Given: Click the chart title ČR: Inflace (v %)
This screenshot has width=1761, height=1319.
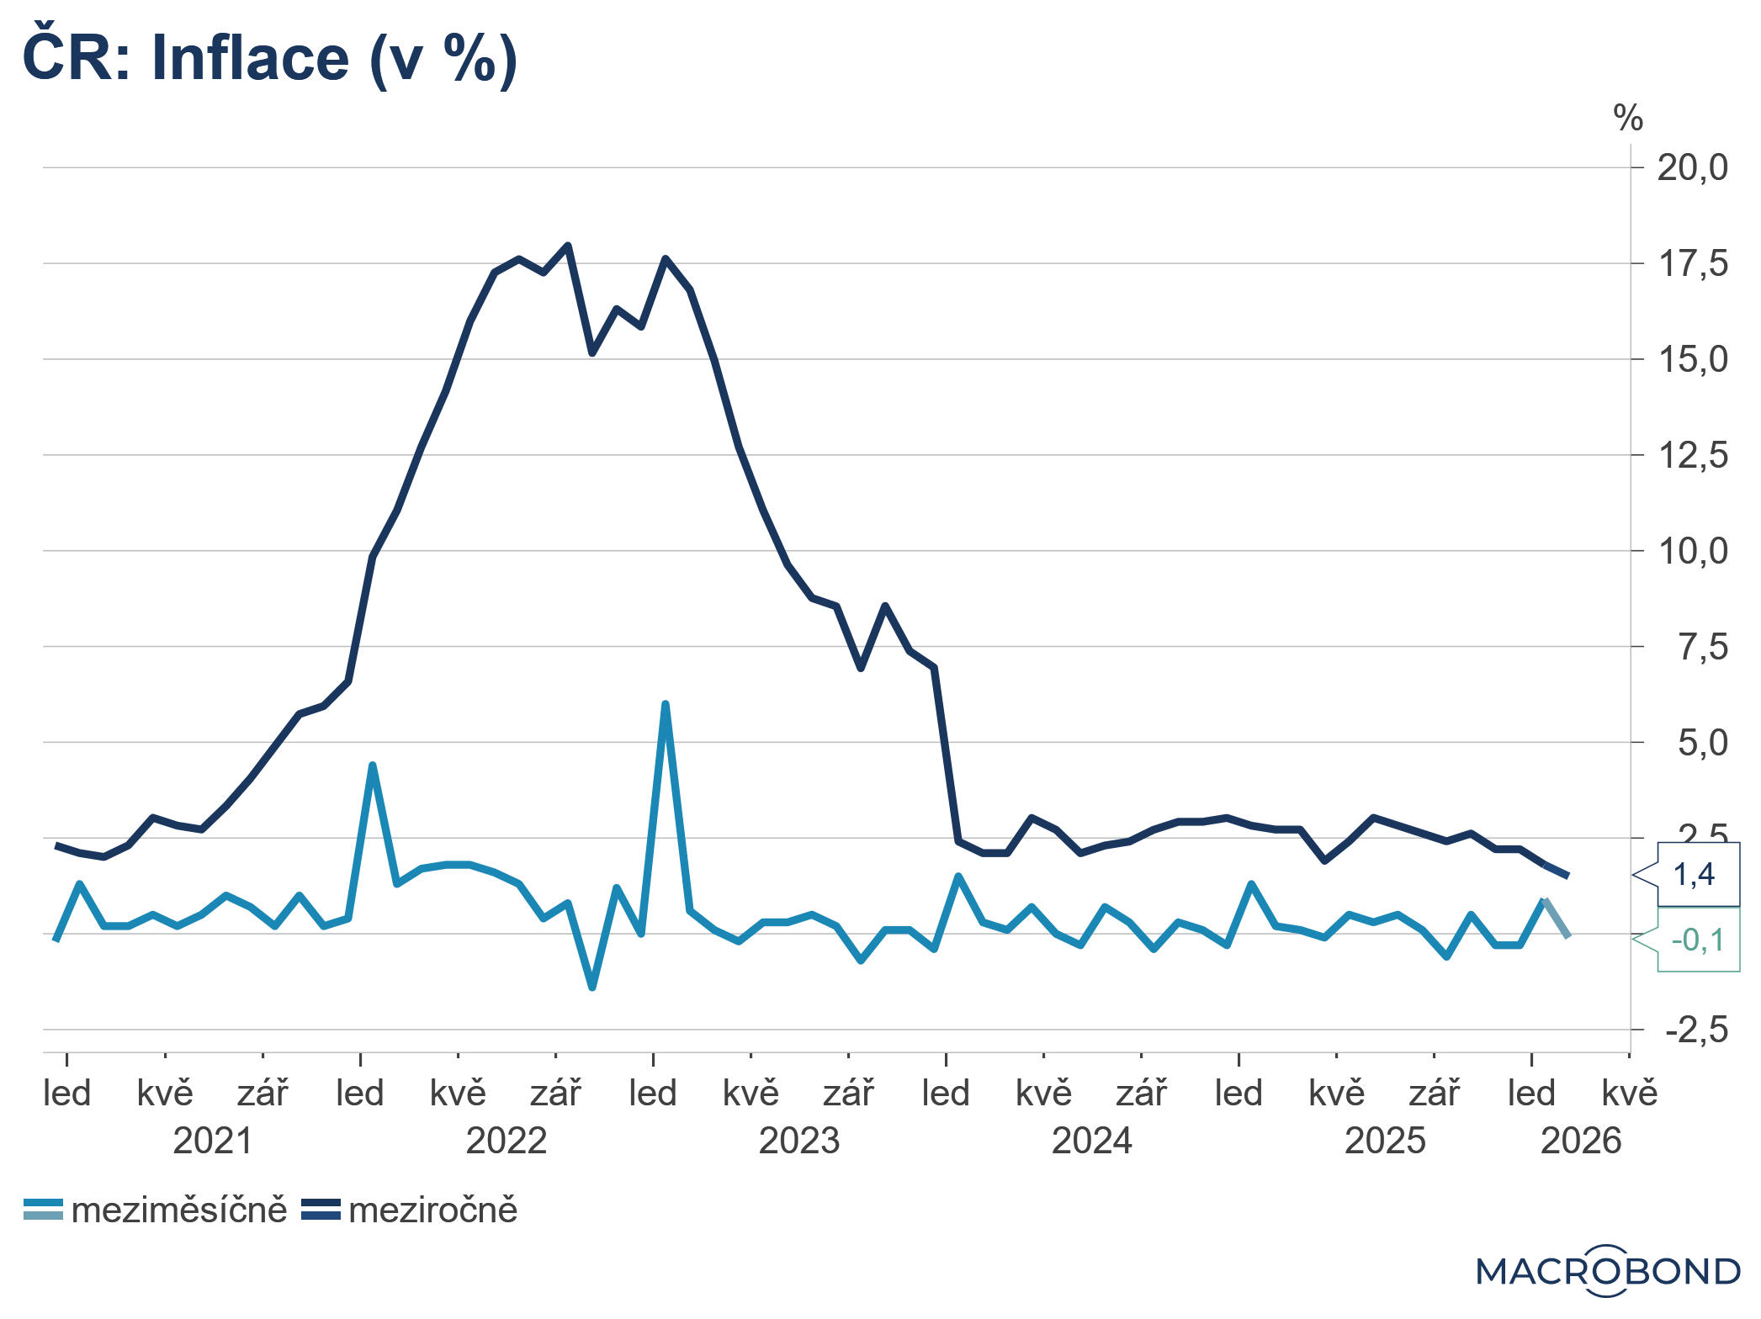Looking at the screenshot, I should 269,59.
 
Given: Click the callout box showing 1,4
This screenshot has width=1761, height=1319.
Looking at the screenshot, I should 1695,875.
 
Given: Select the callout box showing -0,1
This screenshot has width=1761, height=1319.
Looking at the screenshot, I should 1697,940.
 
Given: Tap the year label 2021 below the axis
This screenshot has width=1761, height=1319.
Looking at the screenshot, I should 213,1142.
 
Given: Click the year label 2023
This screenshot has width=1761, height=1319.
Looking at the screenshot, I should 799,1142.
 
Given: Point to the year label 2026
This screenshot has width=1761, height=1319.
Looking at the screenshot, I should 1580,1142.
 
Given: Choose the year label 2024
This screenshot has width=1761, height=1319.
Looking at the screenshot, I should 1092,1142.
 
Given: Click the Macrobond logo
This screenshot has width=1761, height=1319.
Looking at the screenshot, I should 1608,1271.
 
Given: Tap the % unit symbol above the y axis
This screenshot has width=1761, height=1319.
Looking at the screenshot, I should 1628,119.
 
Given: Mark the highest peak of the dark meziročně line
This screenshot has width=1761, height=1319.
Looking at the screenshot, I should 568,246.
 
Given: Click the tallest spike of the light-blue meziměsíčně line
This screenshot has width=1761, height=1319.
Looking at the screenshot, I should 666,704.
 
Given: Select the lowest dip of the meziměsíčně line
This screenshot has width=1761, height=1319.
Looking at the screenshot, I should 592,988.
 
